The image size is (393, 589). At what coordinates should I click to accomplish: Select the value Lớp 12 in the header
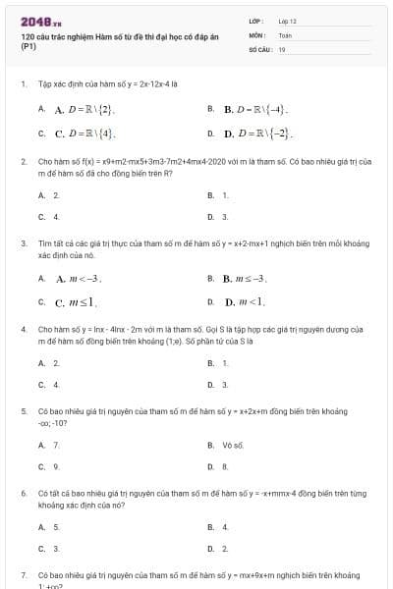tap(287, 21)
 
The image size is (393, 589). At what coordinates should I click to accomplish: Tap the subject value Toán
tap(285, 34)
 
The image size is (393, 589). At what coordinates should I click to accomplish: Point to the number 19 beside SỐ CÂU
tap(282, 49)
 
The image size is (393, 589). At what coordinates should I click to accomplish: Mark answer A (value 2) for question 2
tap(56, 195)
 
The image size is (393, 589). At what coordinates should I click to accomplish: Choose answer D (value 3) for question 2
tap(226, 216)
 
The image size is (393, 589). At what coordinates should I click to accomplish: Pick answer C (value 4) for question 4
tap(56, 385)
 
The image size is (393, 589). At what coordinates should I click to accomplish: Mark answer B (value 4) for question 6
tap(226, 527)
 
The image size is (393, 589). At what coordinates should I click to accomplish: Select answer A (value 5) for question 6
tap(56, 527)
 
